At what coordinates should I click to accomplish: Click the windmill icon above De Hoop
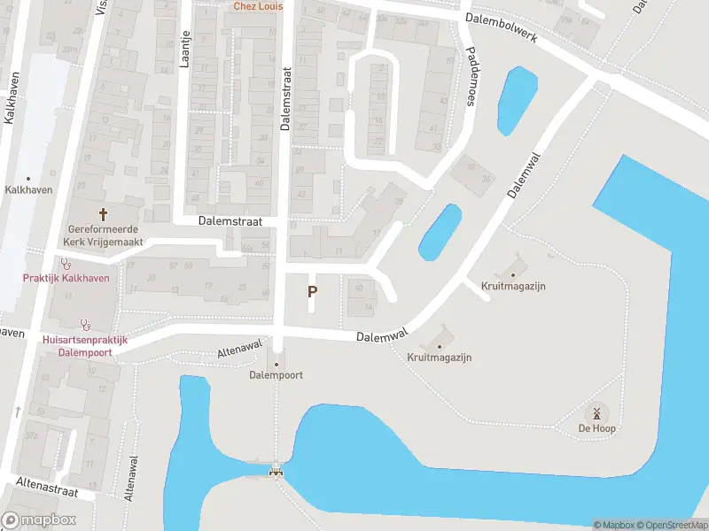point(597,412)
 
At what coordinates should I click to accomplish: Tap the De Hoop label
point(597,428)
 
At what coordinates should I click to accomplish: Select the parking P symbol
point(312,290)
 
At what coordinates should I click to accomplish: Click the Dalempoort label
point(277,375)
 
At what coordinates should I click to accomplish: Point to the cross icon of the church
point(103,213)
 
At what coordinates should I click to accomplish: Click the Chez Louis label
point(258,6)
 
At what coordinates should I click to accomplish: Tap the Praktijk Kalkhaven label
point(66,278)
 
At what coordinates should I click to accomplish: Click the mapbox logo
point(38,519)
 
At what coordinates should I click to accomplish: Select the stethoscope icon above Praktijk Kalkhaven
point(65,263)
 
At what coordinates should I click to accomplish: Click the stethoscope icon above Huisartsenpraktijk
point(85,324)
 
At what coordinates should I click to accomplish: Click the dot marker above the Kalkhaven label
point(28,178)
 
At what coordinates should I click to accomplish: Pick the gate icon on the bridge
point(277,471)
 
